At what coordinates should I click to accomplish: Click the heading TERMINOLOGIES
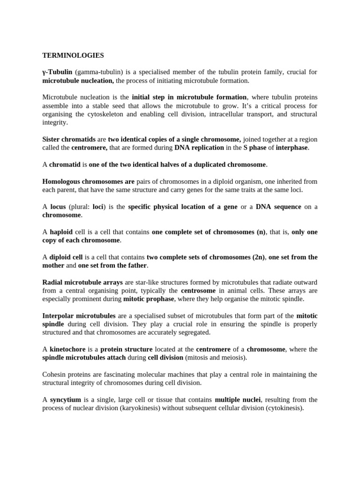pyautogui.click(x=73, y=55)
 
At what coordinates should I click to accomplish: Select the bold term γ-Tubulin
pyautogui.click(x=57, y=72)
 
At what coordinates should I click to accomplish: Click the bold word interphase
pyautogui.click(x=292, y=148)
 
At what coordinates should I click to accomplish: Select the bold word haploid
pyautogui.click(x=61, y=232)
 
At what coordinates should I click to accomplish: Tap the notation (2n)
pyautogui.click(x=257, y=257)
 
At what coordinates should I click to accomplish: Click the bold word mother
pyautogui.click(x=53, y=266)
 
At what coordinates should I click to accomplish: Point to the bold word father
pyautogui.click(x=136, y=266)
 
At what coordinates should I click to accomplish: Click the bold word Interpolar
pyautogui.click(x=59, y=316)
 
